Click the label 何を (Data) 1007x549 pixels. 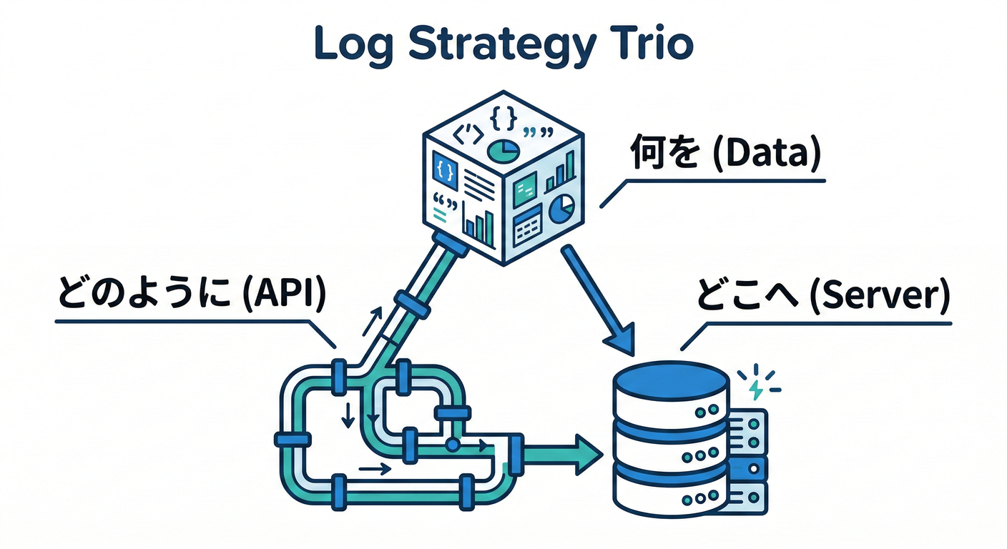pyautogui.click(x=723, y=155)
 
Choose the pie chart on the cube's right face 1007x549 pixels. pyautogui.click(x=561, y=208)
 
